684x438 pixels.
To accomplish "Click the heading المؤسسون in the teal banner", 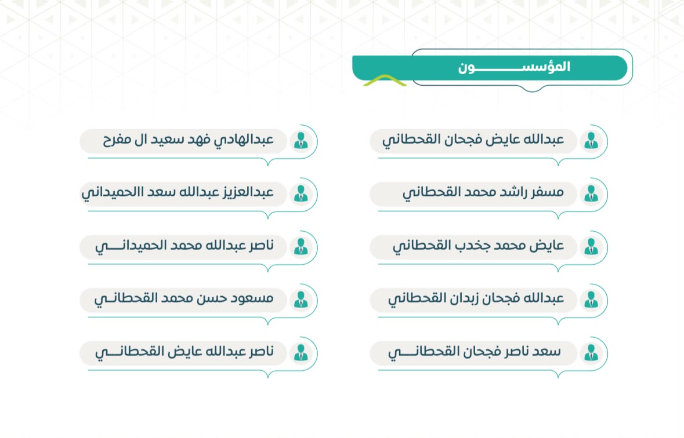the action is [x=514, y=67].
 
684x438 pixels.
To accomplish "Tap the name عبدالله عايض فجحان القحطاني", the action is [x=473, y=140].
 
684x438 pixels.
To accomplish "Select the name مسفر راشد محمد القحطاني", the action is [x=483, y=192].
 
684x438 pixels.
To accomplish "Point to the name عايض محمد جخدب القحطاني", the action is [x=478, y=246].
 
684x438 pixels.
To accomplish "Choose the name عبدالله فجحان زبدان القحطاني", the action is [x=476, y=298].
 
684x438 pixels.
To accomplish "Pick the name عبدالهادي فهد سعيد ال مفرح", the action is [x=188, y=140].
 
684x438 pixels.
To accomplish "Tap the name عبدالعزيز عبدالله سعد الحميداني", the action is [x=178, y=192].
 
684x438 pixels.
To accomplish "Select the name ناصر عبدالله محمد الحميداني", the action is [x=184, y=246].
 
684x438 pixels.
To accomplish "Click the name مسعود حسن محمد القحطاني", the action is [x=184, y=298].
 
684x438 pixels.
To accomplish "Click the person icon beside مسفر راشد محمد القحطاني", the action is [x=591, y=194].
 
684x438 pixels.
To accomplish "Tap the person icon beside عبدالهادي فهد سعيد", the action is [x=301, y=140].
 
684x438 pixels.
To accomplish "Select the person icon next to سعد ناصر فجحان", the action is [x=591, y=353].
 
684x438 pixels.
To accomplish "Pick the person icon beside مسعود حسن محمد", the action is [x=301, y=300].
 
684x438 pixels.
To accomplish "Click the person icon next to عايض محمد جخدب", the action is [x=591, y=247].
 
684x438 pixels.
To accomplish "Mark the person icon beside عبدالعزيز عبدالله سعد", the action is [x=301, y=194].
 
